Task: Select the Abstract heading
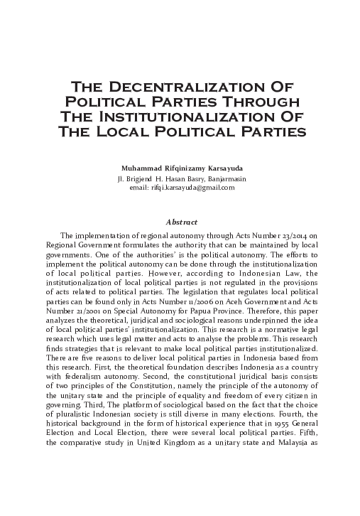(180, 222)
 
